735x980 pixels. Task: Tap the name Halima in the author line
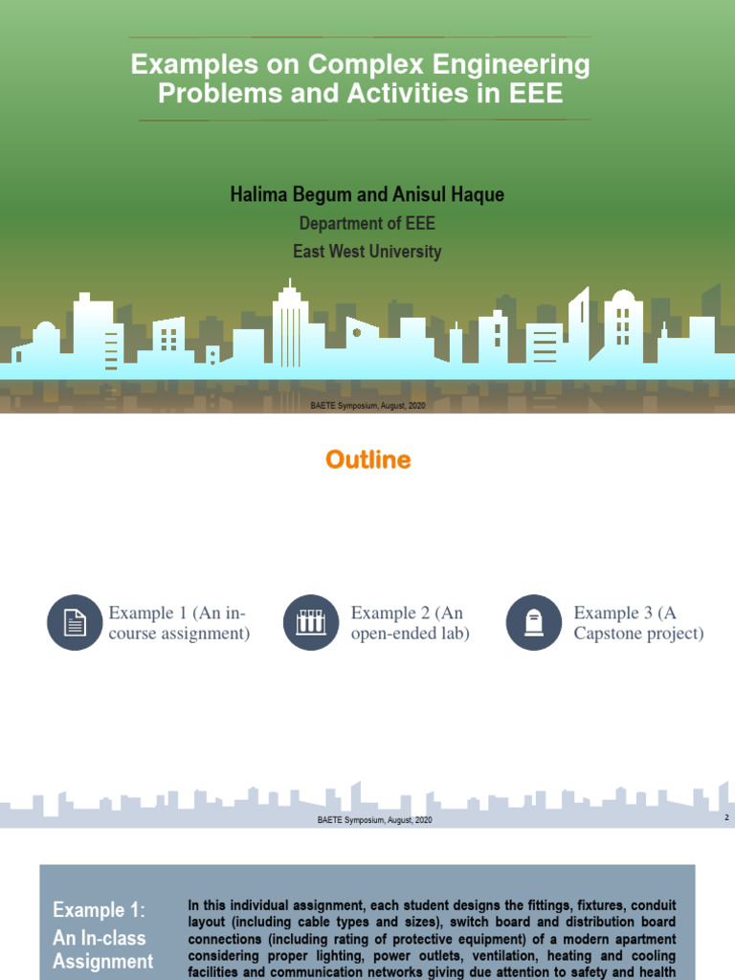tap(260, 195)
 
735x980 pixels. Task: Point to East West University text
tap(367, 252)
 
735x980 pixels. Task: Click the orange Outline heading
tap(367, 460)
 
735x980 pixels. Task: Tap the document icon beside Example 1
tap(75, 622)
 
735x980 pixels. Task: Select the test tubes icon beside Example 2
tap(311, 622)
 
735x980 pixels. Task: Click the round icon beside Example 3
tap(533, 622)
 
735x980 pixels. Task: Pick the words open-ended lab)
tap(410, 634)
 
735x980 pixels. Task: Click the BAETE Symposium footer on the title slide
tap(367, 406)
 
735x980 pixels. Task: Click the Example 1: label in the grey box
tap(98, 909)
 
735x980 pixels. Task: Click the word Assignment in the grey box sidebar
tap(102, 960)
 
